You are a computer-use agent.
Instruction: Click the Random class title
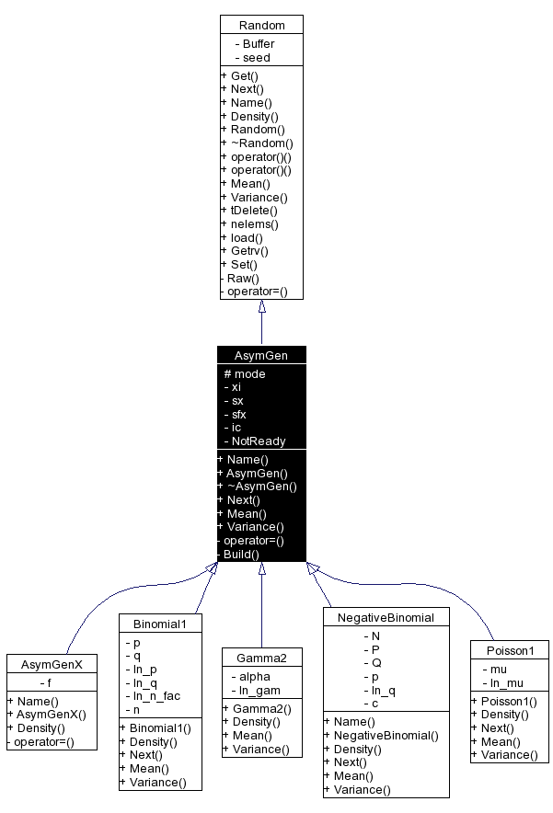coord(261,25)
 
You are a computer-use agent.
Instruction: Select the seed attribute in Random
coord(256,57)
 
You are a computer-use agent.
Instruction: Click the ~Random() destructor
coord(260,143)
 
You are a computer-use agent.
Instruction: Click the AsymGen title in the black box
coord(261,355)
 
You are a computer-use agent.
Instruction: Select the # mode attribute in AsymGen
coord(245,373)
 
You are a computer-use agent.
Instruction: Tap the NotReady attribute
coord(258,441)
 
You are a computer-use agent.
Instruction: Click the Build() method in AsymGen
coord(240,554)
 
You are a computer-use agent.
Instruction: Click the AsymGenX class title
coord(52,664)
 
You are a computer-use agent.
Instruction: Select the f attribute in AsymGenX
coord(48,682)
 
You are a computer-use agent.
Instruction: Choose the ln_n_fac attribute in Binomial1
coord(157,696)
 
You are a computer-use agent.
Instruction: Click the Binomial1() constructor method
coord(157,727)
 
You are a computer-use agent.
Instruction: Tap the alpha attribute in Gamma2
coord(252,676)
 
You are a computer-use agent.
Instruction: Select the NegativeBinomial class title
coord(386,616)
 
